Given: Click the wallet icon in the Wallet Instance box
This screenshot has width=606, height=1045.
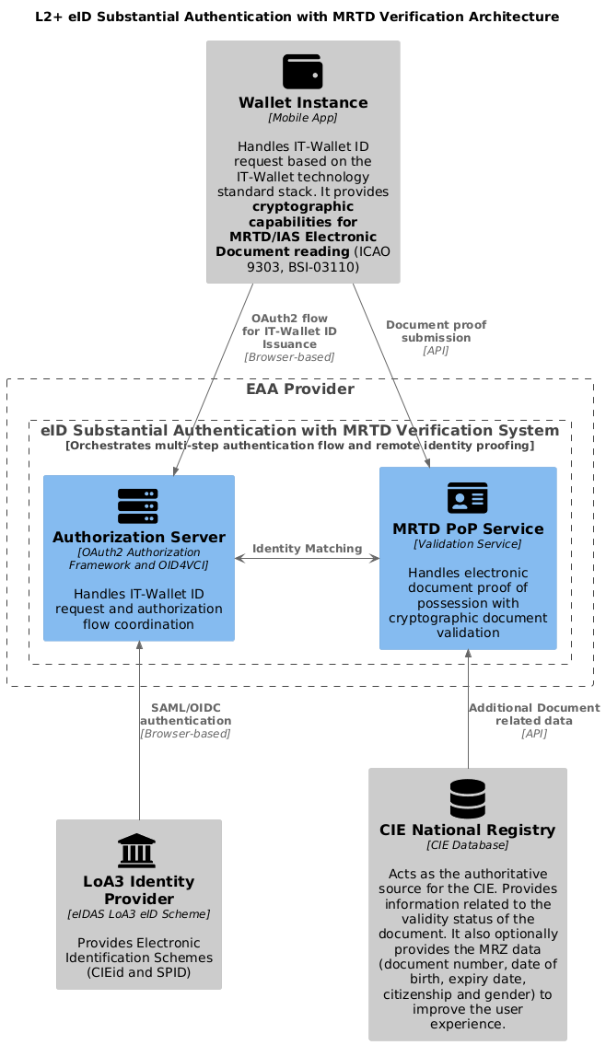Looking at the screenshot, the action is pos(303,71).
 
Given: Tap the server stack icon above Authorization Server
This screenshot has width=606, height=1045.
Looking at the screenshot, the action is pos(138,506).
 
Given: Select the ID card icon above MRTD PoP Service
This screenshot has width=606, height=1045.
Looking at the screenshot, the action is pos(467,498).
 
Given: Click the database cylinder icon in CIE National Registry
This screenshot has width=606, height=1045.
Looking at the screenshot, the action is pos(467,798).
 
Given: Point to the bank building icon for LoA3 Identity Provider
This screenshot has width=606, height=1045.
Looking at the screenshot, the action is pos(137,851).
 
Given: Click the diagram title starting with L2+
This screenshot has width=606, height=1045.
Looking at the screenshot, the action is pos(297,17).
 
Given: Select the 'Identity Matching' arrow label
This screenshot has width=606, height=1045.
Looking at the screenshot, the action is pos(308,549).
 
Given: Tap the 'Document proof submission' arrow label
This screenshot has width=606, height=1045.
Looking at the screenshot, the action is pos(436,331).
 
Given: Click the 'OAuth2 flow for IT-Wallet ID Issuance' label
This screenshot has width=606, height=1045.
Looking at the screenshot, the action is pos(289,331).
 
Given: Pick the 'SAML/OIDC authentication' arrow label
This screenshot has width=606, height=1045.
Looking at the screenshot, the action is pos(186,714).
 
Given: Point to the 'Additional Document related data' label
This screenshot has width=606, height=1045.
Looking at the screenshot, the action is pos(534,714).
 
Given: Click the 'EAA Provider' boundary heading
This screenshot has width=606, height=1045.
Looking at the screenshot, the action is pos(300,389).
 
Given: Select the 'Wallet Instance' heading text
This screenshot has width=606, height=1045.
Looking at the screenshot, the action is pos(303,102).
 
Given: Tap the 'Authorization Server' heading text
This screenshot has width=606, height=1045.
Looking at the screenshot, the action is pos(139,537).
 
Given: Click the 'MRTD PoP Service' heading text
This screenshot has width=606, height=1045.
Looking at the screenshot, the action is pos(468,529).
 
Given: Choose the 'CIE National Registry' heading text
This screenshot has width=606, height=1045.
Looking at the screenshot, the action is pos(467,830).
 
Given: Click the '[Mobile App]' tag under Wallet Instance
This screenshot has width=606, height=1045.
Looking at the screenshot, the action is pos(303,118).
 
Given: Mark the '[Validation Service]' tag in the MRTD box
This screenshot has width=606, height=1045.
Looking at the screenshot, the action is pos(467,544).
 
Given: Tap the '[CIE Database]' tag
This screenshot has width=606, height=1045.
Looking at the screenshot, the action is pos(467,845).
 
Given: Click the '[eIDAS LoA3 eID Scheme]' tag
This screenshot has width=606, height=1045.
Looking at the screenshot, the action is pos(139,914).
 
